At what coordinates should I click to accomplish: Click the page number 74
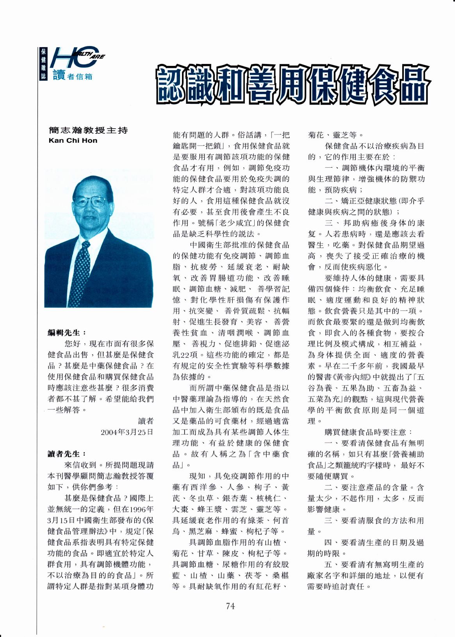pyautogui.click(x=230, y=606)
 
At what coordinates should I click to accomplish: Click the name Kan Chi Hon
pyautogui.click(x=73, y=140)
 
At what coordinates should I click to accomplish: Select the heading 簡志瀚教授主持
pyautogui.click(x=88, y=130)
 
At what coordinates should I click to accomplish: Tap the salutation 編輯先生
pyautogui.click(x=66, y=333)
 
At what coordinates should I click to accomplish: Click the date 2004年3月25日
pyautogui.click(x=127, y=432)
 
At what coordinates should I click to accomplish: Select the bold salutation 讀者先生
pyautogui.click(x=66, y=454)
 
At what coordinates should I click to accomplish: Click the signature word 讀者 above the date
pyautogui.click(x=146, y=421)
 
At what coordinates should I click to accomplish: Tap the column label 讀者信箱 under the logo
pyautogui.click(x=73, y=76)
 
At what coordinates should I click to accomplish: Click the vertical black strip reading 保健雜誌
pyautogui.click(x=43, y=64)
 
